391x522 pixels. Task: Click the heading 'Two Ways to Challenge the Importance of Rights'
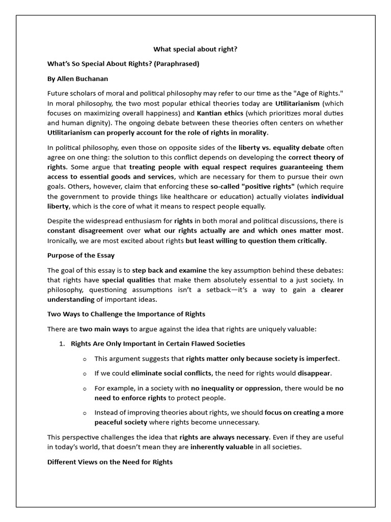[126, 314]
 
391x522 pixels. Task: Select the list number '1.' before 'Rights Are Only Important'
[62, 344]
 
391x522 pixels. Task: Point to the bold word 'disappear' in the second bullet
[315, 373]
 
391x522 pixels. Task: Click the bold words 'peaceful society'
[121, 422]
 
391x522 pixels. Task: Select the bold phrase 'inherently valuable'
[221, 447]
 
